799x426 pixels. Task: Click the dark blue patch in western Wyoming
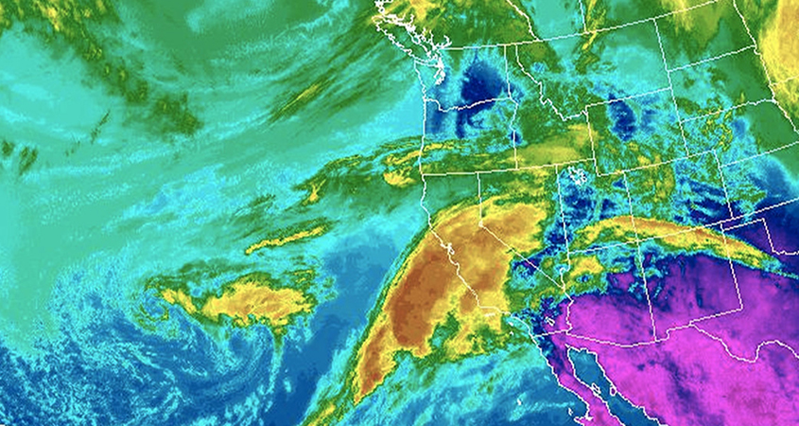click(621, 118)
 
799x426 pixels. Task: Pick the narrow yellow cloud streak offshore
click(284, 239)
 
